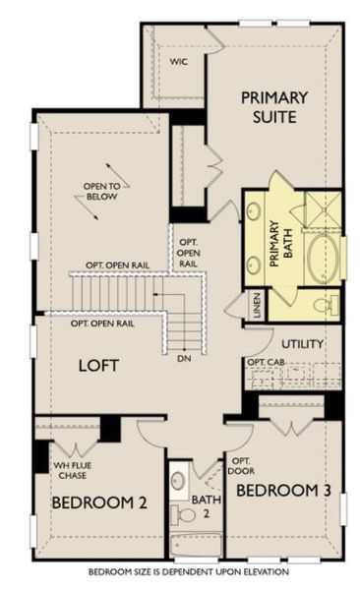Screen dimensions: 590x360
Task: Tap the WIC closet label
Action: click(x=179, y=61)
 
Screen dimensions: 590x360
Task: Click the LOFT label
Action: click(x=99, y=365)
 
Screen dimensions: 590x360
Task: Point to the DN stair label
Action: click(x=183, y=358)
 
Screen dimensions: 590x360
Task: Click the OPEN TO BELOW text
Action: click(x=101, y=191)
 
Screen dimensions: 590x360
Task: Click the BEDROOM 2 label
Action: click(x=98, y=502)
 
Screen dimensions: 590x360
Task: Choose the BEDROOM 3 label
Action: click(x=283, y=490)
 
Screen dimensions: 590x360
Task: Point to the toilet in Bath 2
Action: click(x=183, y=514)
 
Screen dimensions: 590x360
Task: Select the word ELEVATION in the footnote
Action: click(x=268, y=571)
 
